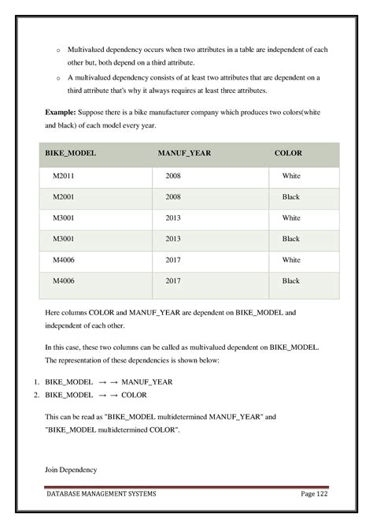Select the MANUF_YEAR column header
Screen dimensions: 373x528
tap(183, 153)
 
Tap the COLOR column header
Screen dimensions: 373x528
tap(288, 153)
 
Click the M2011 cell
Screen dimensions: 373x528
tap(63, 176)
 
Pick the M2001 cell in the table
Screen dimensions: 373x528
tap(63, 197)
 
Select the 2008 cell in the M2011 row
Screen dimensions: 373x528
tap(173, 176)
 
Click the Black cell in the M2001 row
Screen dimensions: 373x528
tap(290, 197)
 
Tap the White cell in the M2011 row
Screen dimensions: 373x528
tap(290, 176)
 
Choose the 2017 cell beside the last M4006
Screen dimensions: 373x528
tap(173, 280)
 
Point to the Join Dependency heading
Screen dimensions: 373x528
tap(71, 470)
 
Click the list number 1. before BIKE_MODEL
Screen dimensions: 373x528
tap(36, 381)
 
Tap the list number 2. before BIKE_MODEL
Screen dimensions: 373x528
tap(36, 395)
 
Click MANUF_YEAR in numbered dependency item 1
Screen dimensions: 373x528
tap(146, 381)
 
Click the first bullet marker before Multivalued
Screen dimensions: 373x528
tap(57, 50)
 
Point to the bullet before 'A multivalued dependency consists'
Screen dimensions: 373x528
tap(57, 78)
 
